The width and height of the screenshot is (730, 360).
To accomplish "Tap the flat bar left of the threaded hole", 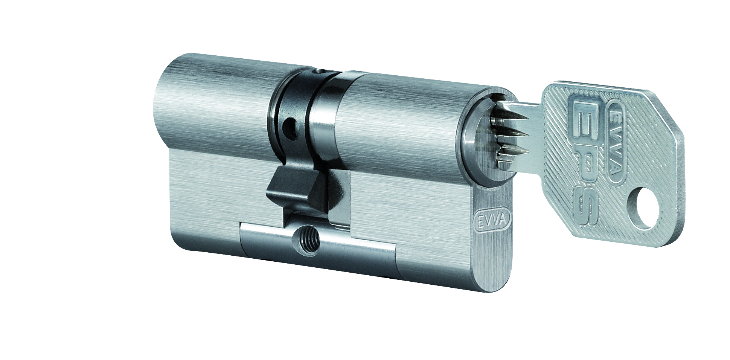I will (264, 241).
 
